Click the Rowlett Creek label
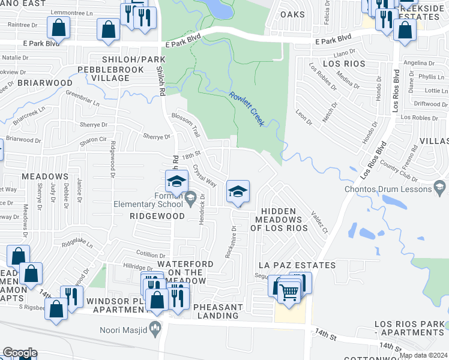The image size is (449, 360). (247, 109)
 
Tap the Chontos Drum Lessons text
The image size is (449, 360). (388, 189)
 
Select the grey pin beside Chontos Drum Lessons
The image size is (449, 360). (441, 189)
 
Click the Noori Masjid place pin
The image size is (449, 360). (155, 328)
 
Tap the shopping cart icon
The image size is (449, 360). (289, 292)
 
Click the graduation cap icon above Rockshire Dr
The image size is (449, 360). (238, 192)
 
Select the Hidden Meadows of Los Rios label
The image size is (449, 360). (279, 220)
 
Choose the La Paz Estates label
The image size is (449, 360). (297, 265)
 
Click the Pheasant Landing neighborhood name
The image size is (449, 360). (218, 311)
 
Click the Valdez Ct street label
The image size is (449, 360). (319, 222)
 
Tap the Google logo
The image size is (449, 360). (20, 353)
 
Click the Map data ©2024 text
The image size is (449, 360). (423, 355)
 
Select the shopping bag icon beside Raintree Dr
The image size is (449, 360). (58, 28)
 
